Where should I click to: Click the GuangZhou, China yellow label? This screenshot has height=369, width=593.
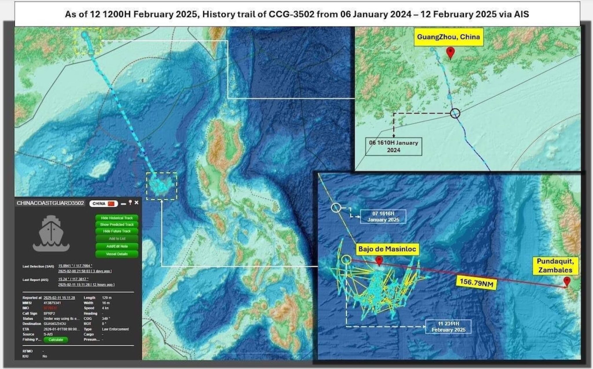pos(448,37)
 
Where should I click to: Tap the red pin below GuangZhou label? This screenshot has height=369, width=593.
pos(450,53)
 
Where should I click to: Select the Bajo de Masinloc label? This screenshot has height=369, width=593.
pos(387,249)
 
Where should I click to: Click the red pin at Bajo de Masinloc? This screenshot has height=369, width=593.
pos(379,261)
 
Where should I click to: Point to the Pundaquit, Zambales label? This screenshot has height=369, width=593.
pos(555,265)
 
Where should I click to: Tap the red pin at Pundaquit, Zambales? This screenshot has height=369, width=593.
pos(567,281)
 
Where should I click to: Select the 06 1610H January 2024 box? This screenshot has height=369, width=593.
pos(393,146)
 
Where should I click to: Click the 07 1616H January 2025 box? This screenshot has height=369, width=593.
pos(383,217)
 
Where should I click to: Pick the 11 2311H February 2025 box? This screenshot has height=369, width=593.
pos(448,326)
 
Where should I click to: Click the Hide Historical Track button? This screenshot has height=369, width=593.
pos(117,218)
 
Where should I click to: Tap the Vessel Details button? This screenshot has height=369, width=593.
pos(117,254)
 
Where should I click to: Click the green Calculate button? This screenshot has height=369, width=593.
pos(56,340)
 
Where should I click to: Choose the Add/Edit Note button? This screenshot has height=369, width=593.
pos(117,246)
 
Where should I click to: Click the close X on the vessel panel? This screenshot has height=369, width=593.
pos(136,203)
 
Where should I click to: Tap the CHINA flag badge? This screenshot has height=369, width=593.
pos(103,204)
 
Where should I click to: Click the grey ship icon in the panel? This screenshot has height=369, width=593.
pos(51,233)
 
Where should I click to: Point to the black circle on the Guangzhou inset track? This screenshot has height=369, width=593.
pos(455,113)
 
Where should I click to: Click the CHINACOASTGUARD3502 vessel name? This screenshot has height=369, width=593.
pos(50,203)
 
